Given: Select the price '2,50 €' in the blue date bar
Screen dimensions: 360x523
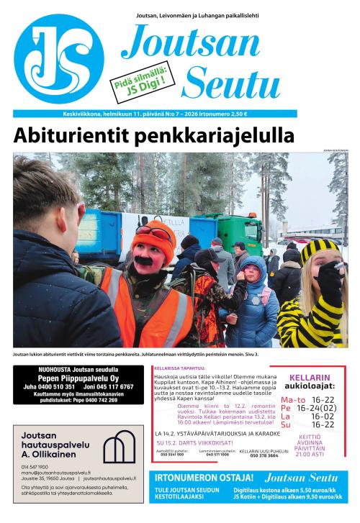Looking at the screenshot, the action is pyautogui.click(x=236, y=113).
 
